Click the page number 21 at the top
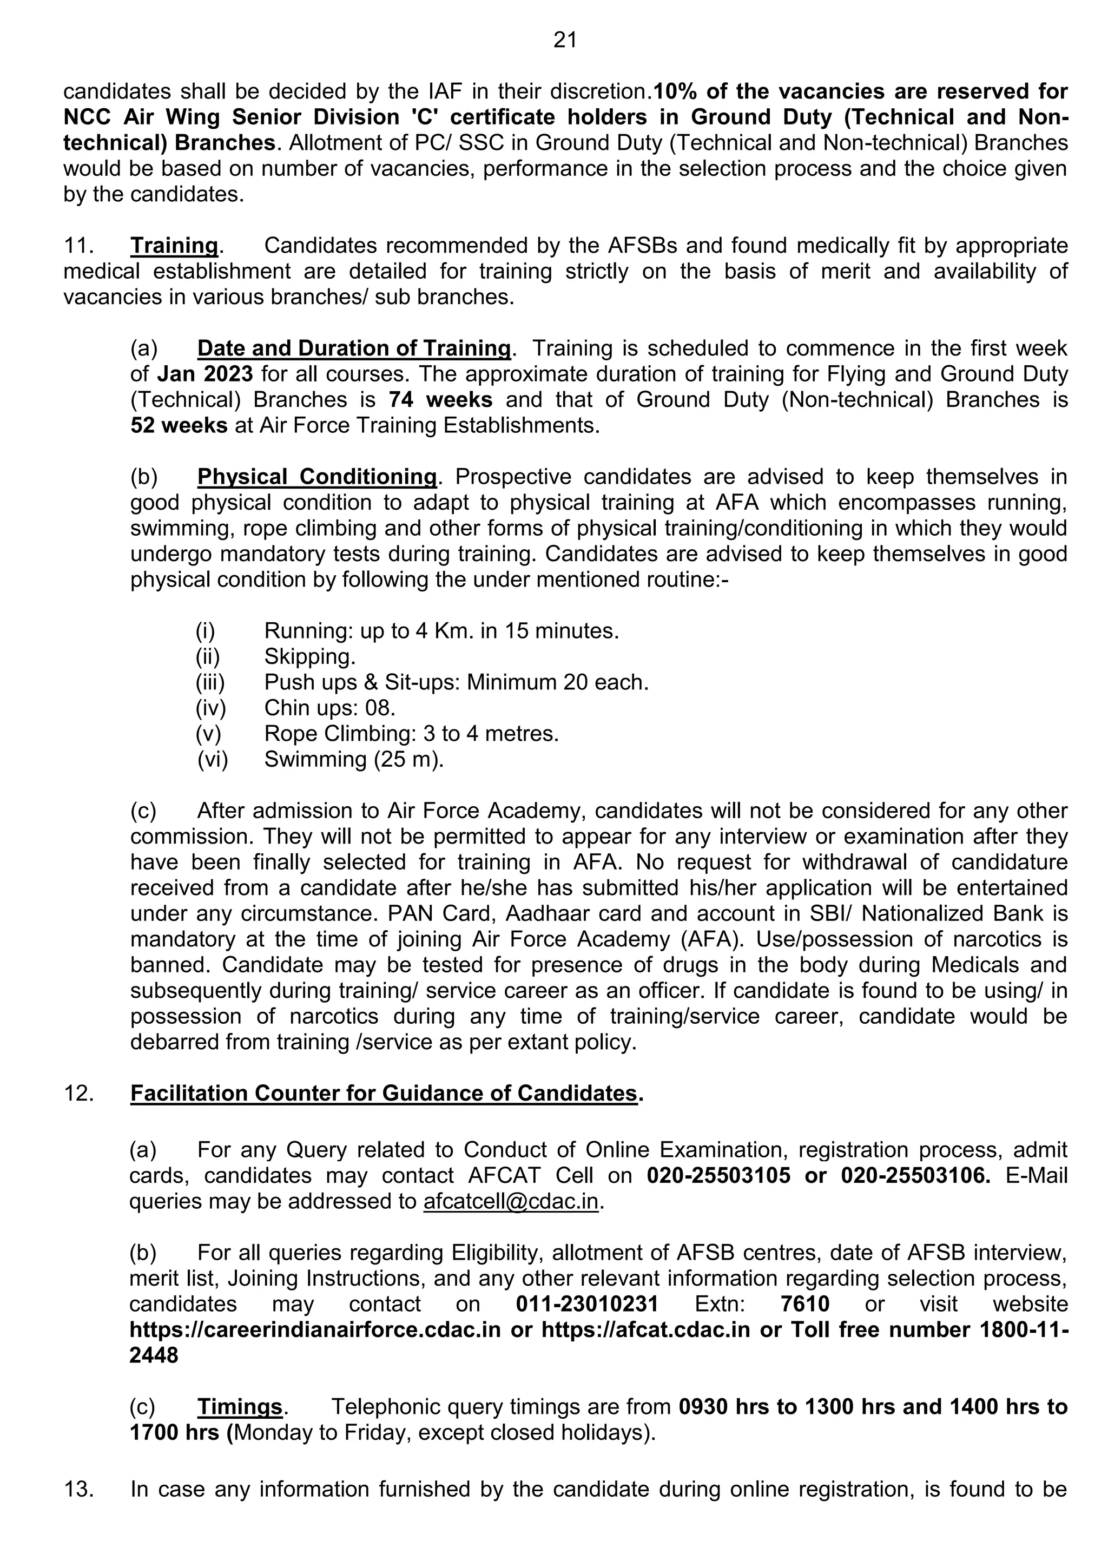click(565, 41)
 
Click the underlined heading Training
click(174, 246)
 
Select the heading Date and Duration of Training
click(353, 349)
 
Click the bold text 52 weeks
click(179, 426)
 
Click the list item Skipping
click(310, 656)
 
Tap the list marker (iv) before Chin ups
click(210, 708)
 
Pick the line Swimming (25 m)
click(353, 760)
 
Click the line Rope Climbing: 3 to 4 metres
click(411, 734)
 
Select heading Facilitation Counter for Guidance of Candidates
click(384, 1094)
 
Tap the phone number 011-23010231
click(587, 1304)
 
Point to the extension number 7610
click(804, 1304)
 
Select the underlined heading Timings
click(240, 1407)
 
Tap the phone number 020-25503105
click(718, 1176)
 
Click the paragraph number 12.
click(78, 1094)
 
